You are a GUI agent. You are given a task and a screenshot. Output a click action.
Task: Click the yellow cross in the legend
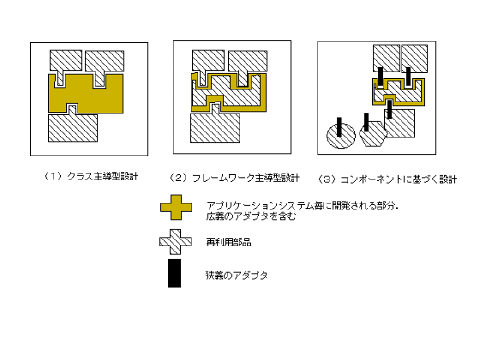(x=176, y=207)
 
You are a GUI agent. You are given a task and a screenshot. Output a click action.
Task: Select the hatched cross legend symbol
(x=176, y=242)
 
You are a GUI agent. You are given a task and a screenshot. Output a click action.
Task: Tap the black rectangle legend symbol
(x=174, y=273)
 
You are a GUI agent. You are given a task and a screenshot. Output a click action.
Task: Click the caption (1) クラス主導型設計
(x=91, y=177)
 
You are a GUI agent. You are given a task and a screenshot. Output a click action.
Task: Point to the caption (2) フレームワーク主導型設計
(x=235, y=178)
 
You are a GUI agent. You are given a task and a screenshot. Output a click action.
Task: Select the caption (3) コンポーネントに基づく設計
(x=387, y=179)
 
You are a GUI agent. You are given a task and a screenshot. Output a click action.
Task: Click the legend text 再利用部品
(x=229, y=243)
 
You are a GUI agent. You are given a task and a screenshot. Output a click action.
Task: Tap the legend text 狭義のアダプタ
(x=237, y=275)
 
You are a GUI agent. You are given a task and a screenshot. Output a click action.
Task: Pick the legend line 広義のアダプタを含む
(x=251, y=216)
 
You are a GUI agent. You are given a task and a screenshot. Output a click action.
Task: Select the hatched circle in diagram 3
(x=341, y=135)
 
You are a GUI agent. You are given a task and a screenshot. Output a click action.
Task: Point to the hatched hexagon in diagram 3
(x=373, y=134)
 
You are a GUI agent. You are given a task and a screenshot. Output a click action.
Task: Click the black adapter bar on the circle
(x=339, y=127)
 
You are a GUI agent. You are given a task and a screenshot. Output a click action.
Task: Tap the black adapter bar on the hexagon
(x=366, y=122)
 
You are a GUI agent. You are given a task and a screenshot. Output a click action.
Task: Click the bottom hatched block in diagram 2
(x=215, y=127)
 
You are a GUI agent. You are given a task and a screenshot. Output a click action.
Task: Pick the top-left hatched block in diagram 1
(x=65, y=63)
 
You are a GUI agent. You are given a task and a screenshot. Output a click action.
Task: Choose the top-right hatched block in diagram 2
(x=248, y=63)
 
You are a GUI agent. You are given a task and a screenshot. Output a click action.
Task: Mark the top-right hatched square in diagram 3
(x=415, y=58)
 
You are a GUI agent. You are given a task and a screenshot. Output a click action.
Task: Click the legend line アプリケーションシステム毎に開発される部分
(x=302, y=206)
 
